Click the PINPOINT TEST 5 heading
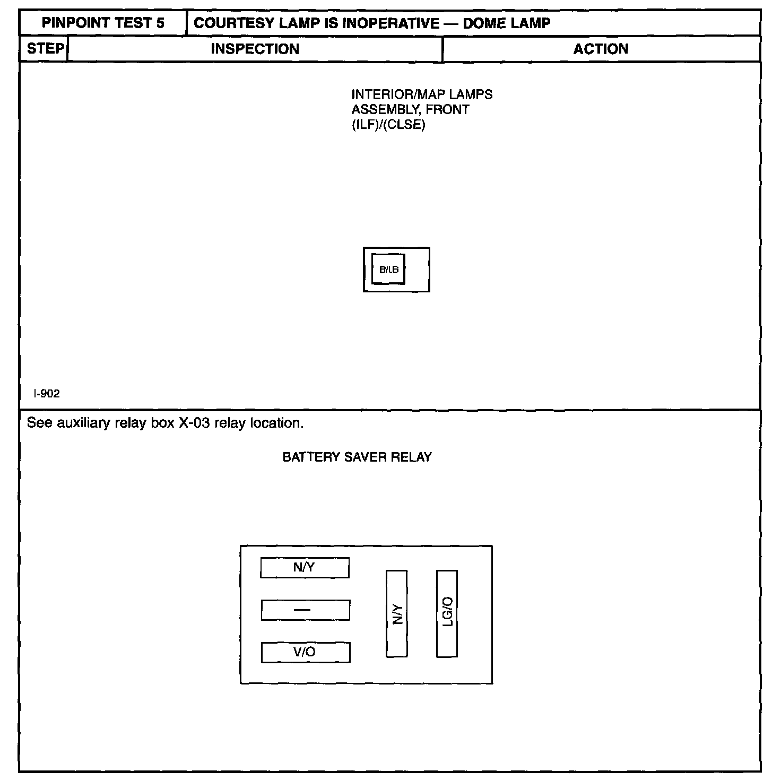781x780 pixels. click(103, 23)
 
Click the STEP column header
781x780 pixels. click(45, 49)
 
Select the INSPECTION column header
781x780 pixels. click(255, 49)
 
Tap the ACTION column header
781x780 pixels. click(601, 49)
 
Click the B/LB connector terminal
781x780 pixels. click(388, 270)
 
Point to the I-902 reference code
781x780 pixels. click(47, 394)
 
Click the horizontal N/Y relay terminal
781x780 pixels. click(305, 568)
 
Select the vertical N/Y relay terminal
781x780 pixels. click(397, 614)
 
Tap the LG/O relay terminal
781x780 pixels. click(447, 613)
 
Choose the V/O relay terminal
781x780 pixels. click(305, 652)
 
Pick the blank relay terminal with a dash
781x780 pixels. click(305, 610)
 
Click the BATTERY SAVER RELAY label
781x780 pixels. click(357, 457)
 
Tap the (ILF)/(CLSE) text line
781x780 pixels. click(388, 125)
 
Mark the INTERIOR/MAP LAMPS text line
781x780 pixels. click(422, 95)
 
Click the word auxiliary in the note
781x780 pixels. click(83, 423)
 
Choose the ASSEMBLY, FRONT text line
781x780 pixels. click(410, 110)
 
